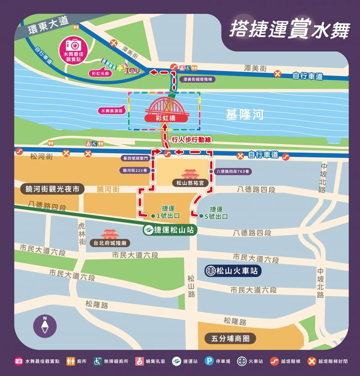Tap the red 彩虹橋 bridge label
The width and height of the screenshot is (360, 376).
[x=165, y=118]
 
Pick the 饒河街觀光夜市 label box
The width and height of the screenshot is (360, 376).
[x=53, y=189]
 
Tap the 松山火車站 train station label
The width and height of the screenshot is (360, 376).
[x=232, y=271]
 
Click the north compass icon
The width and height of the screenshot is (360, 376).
[x=45, y=325]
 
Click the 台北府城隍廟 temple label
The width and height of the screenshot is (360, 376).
[x=110, y=243]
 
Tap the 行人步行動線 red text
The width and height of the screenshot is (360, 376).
[x=191, y=139]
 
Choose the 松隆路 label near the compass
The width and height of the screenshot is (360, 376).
[x=97, y=304]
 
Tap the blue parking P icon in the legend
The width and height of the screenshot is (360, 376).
[x=209, y=361]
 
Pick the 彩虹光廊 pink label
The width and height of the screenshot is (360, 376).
[x=100, y=73]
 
